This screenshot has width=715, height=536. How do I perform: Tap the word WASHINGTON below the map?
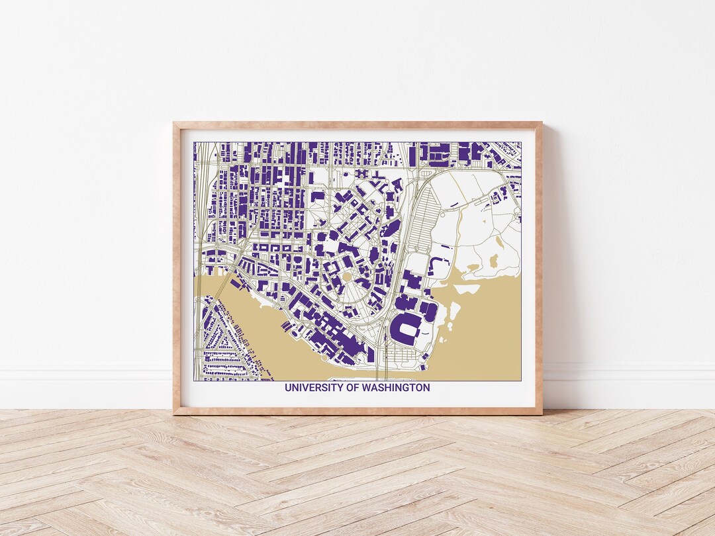[396, 388]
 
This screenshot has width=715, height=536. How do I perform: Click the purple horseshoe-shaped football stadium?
[405, 329]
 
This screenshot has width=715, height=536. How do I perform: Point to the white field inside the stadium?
[406, 329]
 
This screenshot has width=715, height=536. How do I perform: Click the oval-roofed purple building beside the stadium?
[430, 312]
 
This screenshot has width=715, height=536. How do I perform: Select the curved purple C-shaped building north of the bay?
[437, 267]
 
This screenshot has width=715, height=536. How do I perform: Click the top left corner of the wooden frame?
[175, 123]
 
